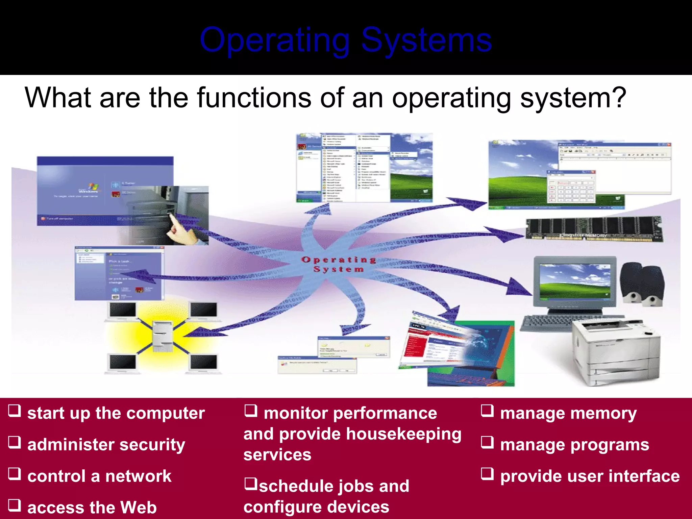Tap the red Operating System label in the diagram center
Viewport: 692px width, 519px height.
click(x=338, y=265)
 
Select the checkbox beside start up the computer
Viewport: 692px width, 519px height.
click(x=15, y=411)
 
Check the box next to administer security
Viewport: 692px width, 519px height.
click(x=15, y=442)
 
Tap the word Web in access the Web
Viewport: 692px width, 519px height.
click(x=138, y=508)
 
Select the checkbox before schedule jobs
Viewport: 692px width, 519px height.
click(x=251, y=484)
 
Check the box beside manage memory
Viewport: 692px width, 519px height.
click(x=487, y=411)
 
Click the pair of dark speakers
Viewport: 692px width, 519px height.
click(x=642, y=284)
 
